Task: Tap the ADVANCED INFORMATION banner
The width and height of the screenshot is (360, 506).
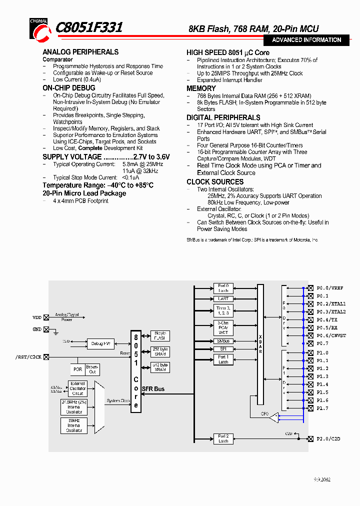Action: (306, 40)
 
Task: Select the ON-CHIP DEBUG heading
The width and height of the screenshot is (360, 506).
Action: (69, 88)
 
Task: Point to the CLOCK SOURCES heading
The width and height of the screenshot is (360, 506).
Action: (215, 181)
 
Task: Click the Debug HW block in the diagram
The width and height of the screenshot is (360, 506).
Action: (100, 343)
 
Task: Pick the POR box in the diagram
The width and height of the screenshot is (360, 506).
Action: (77, 369)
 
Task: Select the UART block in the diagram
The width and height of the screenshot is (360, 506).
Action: (223, 298)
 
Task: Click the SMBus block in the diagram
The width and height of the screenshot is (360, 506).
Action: (223, 340)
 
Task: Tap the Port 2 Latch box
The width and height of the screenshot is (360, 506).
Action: (223, 438)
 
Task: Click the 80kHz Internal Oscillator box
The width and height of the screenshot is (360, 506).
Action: (74, 425)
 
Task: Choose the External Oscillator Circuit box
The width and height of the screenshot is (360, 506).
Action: (77, 388)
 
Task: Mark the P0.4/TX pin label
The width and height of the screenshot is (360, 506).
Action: (327, 319)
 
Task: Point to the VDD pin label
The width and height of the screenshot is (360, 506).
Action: (37, 317)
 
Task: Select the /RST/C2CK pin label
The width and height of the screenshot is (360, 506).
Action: (28, 357)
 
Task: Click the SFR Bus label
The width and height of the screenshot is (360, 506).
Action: (153, 389)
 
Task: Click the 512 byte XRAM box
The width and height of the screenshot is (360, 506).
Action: (160, 368)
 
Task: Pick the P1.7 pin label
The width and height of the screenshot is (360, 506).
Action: (322, 408)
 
